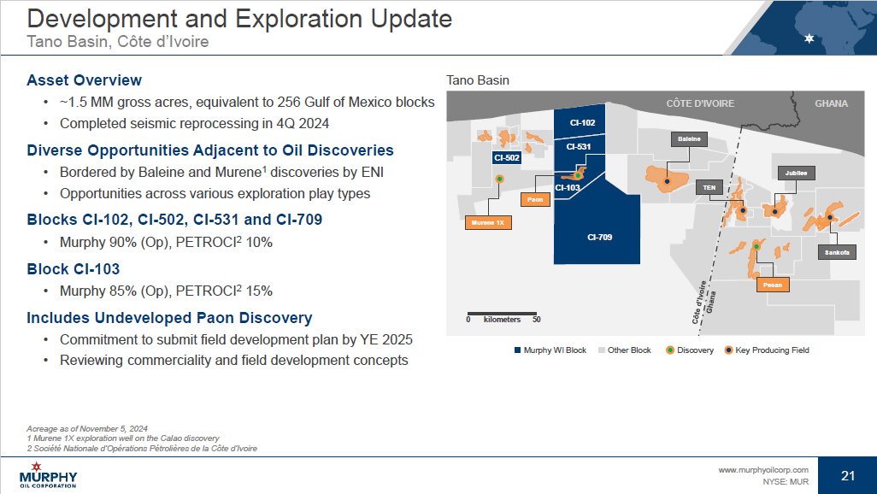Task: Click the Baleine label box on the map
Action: coord(689,138)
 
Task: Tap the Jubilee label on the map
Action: coord(796,173)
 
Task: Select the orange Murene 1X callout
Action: coord(488,223)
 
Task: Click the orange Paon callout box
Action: coord(535,200)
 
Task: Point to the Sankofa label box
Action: coord(837,252)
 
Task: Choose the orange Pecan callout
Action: coord(773,285)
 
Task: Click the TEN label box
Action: coord(709,187)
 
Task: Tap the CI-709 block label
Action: coord(599,238)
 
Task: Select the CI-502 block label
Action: coord(507,158)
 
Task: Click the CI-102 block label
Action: coord(582,122)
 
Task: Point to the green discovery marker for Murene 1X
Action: coord(499,179)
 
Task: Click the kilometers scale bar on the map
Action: coord(502,314)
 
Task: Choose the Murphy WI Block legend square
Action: coord(517,350)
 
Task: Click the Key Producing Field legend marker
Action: coord(728,350)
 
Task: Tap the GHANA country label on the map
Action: coord(831,103)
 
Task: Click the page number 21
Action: coord(848,475)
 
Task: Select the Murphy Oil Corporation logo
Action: coord(48,475)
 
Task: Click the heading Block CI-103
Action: coord(74,269)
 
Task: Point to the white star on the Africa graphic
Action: coord(809,38)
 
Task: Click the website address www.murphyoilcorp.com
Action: coord(763,470)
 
